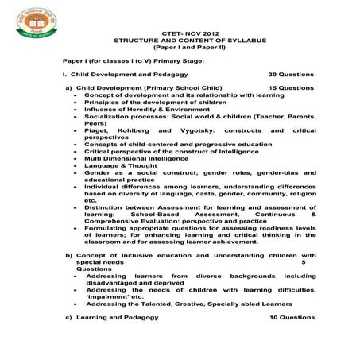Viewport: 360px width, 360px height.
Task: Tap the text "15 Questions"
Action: click(x=291, y=87)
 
